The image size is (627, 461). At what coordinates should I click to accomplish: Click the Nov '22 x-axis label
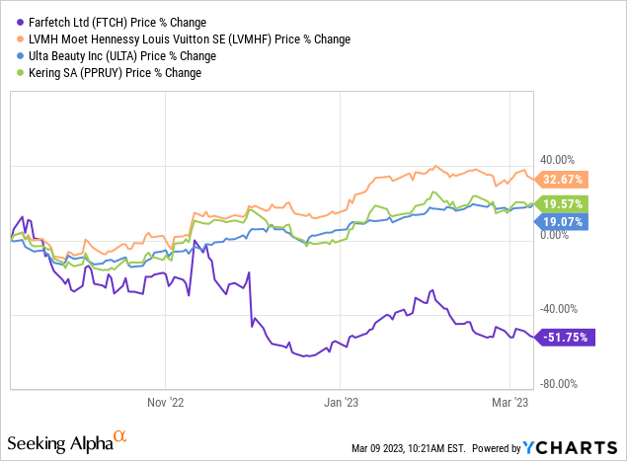(x=165, y=403)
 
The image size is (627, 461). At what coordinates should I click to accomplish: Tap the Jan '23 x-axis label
(x=340, y=403)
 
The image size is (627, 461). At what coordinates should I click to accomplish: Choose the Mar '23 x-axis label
(x=509, y=403)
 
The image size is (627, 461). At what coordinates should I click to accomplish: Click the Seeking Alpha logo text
(x=69, y=440)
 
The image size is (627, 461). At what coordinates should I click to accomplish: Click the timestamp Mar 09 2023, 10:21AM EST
(x=415, y=447)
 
